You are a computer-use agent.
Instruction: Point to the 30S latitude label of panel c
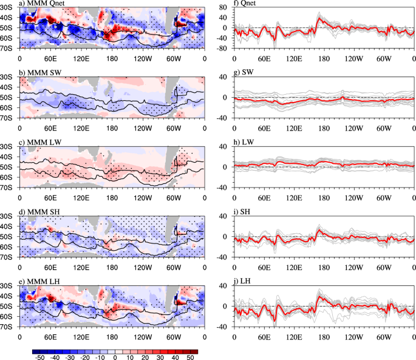pyautogui.click(x=9, y=147)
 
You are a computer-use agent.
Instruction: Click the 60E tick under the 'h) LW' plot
pyautogui.click(x=264, y=197)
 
